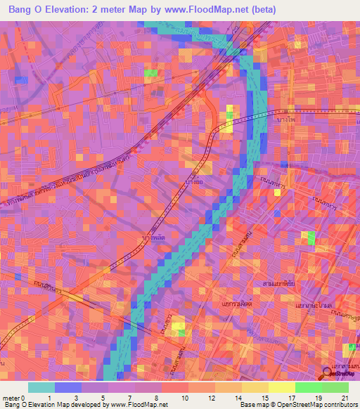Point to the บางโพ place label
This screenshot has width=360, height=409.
click(x=287, y=117)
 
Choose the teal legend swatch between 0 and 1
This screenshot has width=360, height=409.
click(x=41, y=387)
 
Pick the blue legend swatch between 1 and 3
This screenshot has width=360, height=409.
click(x=67, y=387)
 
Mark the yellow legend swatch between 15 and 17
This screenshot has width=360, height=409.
click(x=282, y=387)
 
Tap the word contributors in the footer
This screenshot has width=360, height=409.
click(x=341, y=405)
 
